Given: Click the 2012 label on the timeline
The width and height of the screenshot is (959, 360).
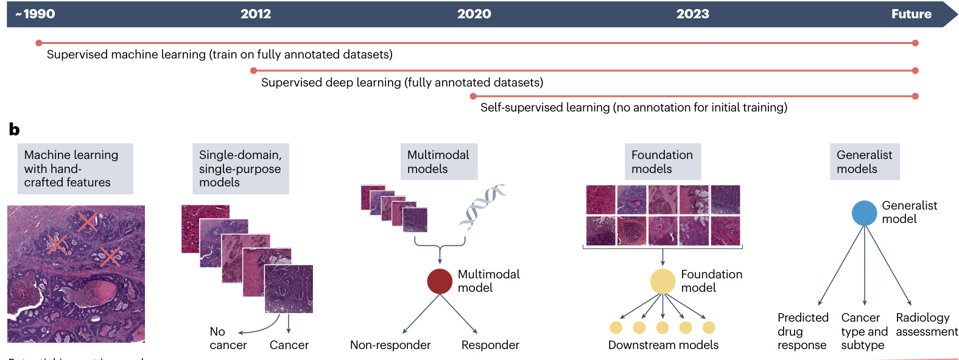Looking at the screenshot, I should click(256, 14).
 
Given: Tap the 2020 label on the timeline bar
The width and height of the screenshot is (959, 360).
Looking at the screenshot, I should click(474, 14).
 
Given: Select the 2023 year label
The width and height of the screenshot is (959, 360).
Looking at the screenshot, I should click(692, 14).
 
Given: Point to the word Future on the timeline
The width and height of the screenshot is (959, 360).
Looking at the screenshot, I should click(911, 14).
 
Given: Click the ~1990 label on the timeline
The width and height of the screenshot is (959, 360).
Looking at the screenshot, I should click(35, 14).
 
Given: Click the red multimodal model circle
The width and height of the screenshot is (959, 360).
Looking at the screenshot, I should click(440, 281).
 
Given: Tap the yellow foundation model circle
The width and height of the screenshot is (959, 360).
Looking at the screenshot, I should click(662, 281).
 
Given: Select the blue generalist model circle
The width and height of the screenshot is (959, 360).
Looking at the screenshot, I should click(864, 213).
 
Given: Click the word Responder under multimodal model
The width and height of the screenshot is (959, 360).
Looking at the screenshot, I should click(490, 345).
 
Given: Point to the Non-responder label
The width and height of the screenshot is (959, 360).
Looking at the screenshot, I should click(390, 345).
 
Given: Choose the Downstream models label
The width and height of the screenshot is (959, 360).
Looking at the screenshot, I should click(663, 345).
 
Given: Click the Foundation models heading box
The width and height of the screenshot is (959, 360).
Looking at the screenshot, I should click(662, 162).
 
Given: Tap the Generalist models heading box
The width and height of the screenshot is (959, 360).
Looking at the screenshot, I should click(865, 162).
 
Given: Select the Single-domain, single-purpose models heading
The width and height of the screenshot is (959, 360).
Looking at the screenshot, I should click(241, 169).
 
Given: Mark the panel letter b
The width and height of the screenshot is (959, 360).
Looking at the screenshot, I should click(14, 129).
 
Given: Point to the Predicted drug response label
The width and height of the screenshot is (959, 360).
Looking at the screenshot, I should click(803, 331).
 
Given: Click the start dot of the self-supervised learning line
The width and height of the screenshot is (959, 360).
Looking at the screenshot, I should click(473, 96).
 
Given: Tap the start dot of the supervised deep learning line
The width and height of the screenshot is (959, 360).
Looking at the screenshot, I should click(254, 71).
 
